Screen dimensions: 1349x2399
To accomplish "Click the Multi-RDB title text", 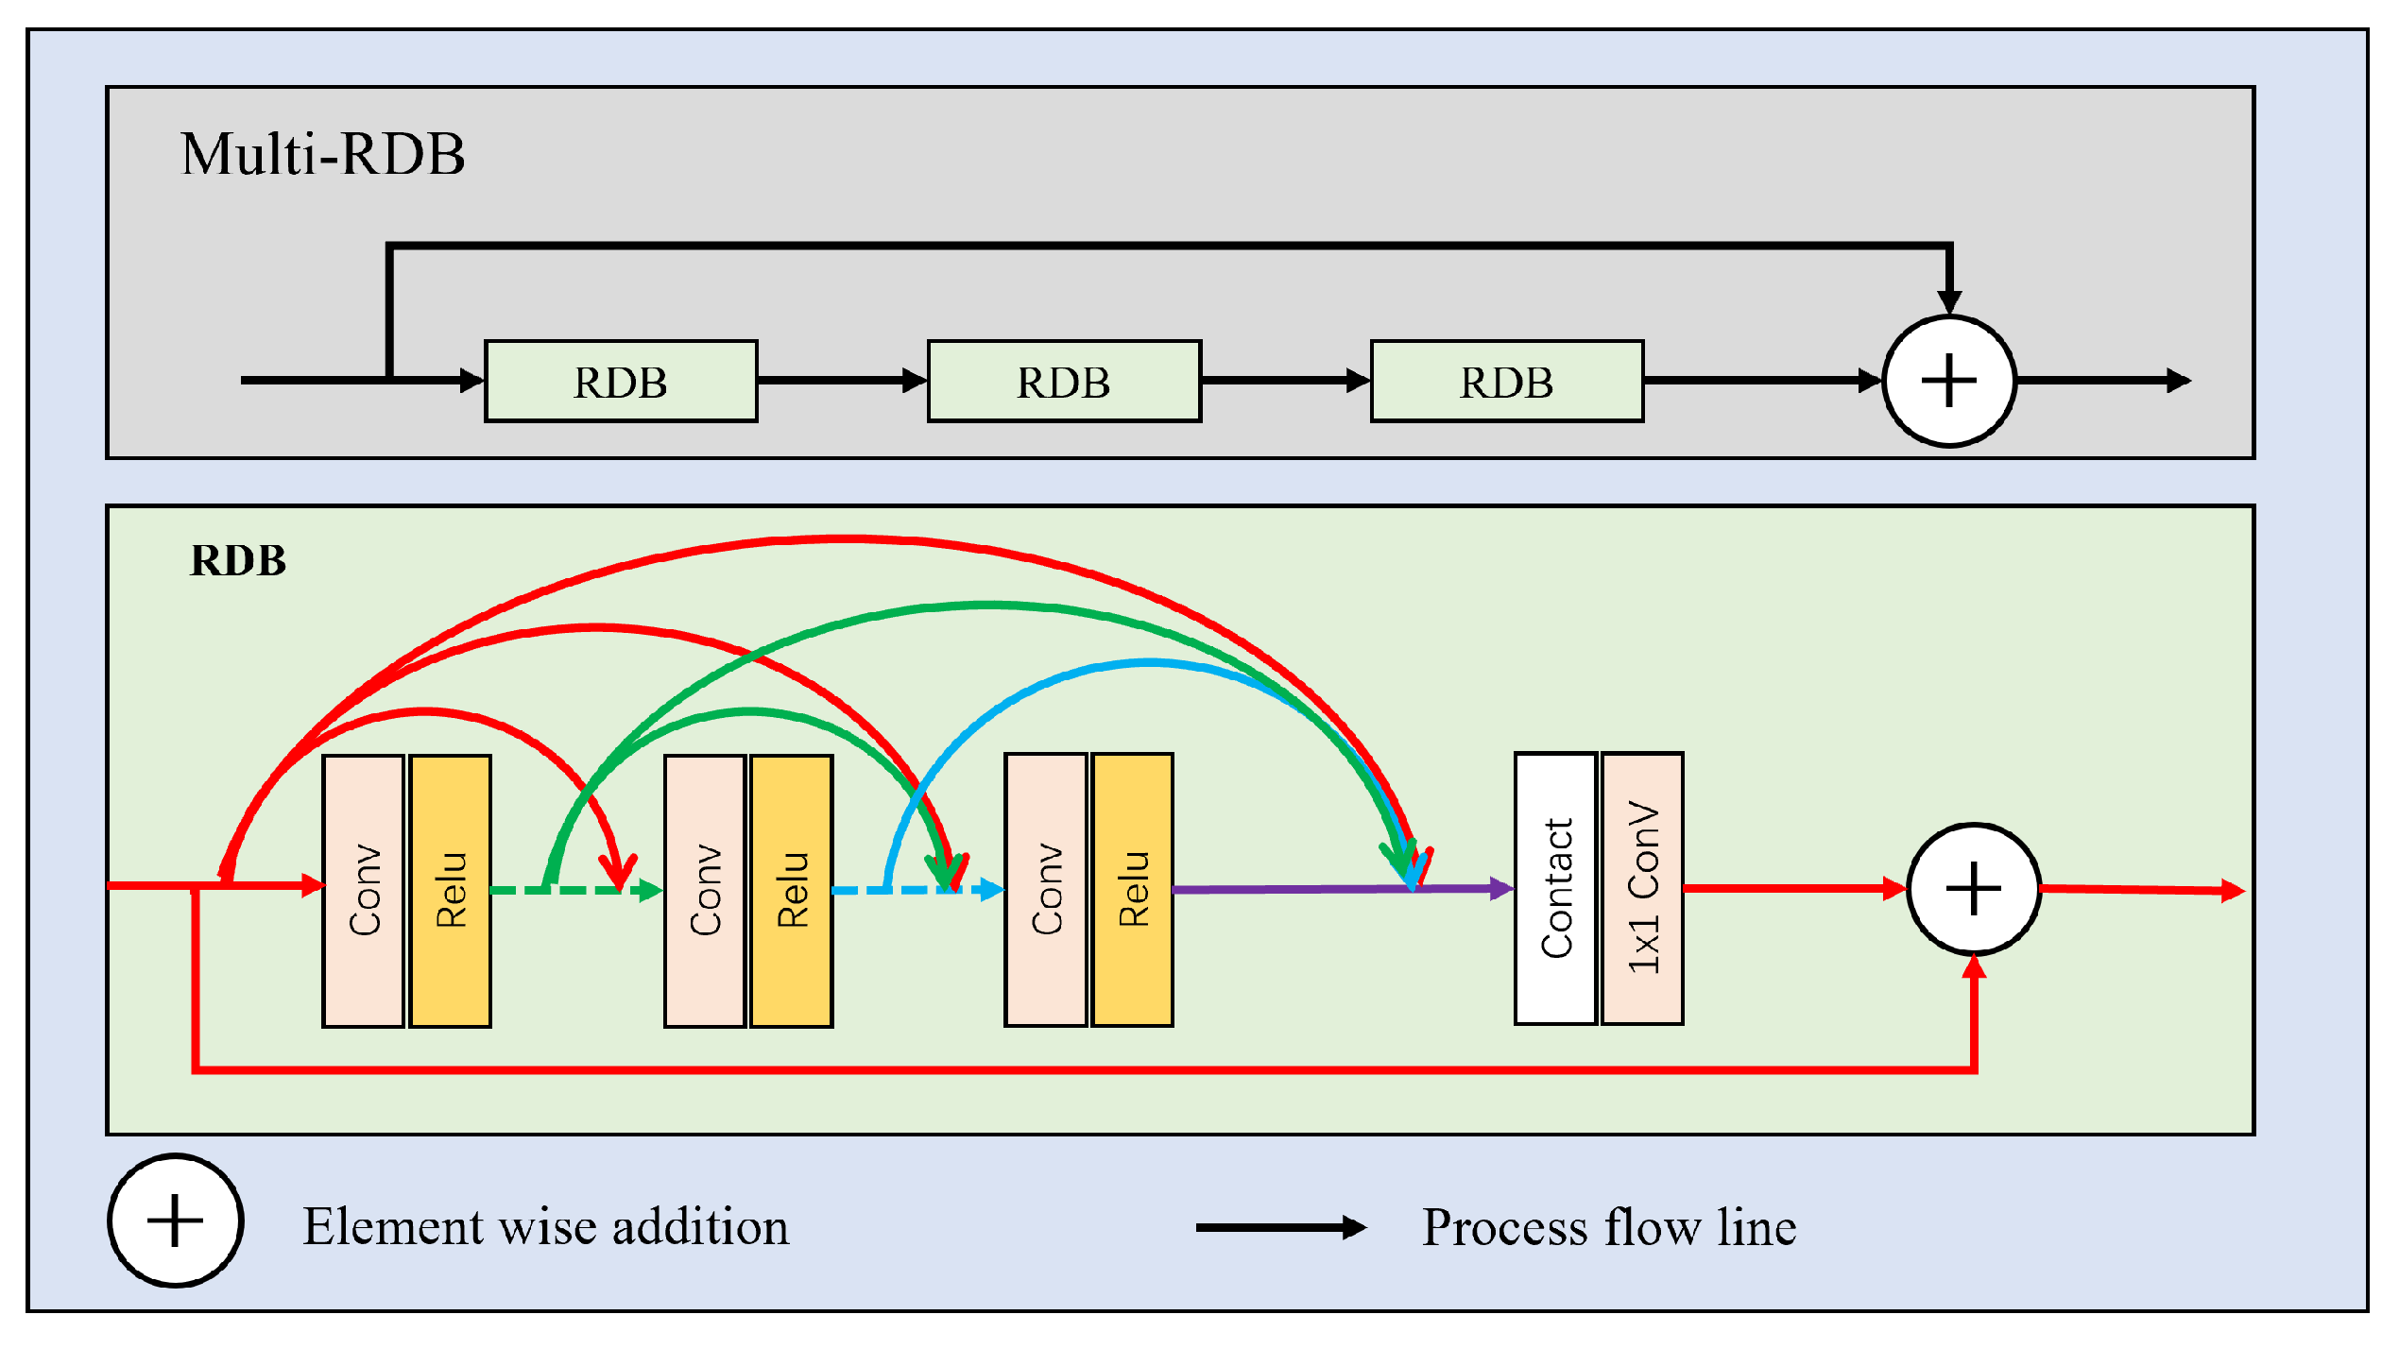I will (x=322, y=154).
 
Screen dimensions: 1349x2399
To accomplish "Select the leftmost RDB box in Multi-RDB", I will (x=621, y=382).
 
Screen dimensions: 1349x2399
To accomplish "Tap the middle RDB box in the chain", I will (x=1064, y=382).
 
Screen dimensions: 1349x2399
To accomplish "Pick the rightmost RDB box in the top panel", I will (x=1507, y=382).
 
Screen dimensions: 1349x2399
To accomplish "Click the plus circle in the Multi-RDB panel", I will (x=1949, y=382).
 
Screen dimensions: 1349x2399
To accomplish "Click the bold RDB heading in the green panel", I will (x=238, y=561).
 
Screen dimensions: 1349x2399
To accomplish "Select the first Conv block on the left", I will (x=364, y=891).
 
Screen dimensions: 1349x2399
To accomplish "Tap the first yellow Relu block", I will (x=451, y=891).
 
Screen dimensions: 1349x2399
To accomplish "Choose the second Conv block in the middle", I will (x=705, y=891).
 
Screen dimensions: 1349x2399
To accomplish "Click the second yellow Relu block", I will (x=792, y=891).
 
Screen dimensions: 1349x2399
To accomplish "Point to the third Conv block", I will (x=1046, y=890).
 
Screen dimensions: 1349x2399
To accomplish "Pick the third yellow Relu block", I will (x=1133, y=890).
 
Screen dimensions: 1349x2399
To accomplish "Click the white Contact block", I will (x=1556, y=889).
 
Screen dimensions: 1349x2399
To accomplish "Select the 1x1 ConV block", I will (x=1643, y=889).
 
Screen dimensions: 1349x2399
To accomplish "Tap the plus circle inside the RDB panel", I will (x=1974, y=890).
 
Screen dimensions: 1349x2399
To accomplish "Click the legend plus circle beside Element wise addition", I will (x=176, y=1221).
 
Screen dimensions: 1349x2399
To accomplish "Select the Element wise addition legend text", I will (x=545, y=1227).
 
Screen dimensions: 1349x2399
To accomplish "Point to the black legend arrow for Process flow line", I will (x=1280, y=1228).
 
